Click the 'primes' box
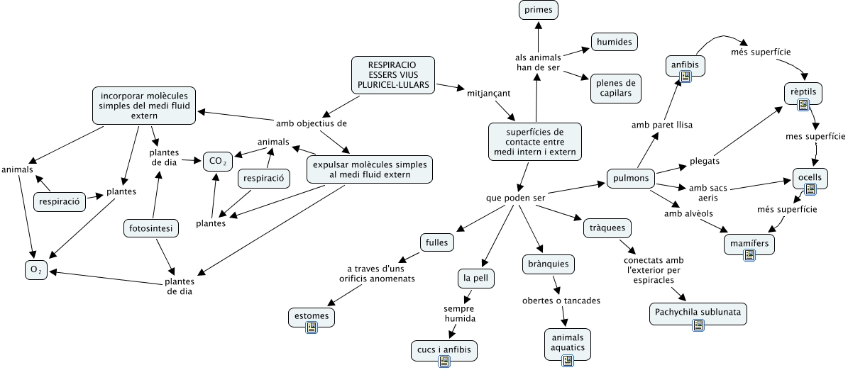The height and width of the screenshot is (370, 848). coord(538,10)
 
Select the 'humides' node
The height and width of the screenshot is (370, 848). coord(614,43)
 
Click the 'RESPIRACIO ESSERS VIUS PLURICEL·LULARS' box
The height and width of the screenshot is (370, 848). coord(392,74)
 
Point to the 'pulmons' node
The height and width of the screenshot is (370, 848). coord(631,178)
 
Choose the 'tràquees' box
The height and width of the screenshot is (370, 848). coord(607,228)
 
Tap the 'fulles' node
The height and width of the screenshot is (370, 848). coord(436,241)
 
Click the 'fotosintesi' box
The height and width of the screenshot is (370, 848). coord(150,228)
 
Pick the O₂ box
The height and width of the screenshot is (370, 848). coord(35,270)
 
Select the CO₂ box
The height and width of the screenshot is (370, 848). coord(218,162)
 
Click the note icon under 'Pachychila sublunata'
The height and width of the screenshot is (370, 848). coord(698,325)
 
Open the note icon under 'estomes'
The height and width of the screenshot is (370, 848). coord(311,327)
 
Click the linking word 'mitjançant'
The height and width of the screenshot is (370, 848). coord(489,92)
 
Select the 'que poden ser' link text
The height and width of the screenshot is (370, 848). coord(515,198)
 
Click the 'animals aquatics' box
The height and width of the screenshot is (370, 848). coord(567,343)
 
